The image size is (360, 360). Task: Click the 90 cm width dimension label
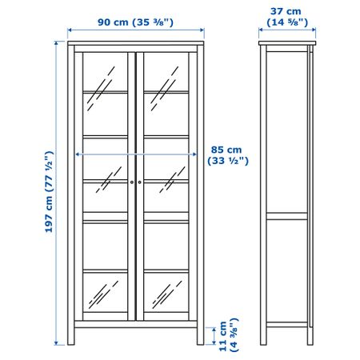point(135,22)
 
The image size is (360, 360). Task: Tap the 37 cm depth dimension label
point(287,17)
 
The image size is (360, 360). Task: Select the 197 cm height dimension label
point(50,192)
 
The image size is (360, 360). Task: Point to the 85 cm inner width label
point(228,155)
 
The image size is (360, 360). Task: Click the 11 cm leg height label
point(228,334)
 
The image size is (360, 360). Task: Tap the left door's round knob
point(132,182)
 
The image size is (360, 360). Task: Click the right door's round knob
point(139,182)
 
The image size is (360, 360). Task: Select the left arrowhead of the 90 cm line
point(70,30)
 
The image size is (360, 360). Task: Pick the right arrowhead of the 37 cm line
point(314,30)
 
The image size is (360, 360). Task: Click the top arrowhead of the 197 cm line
point(56,43)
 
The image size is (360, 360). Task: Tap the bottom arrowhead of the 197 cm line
point(56,343)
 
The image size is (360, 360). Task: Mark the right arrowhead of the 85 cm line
point(195,154)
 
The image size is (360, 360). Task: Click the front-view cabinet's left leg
point(71,337)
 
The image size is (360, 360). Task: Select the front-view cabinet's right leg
point(201,337)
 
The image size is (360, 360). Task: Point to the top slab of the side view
point(287,43)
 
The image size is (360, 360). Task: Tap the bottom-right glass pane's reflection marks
point(167,294)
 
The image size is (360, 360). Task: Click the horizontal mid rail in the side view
point(287,216)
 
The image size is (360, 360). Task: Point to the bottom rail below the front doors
point(136,324)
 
